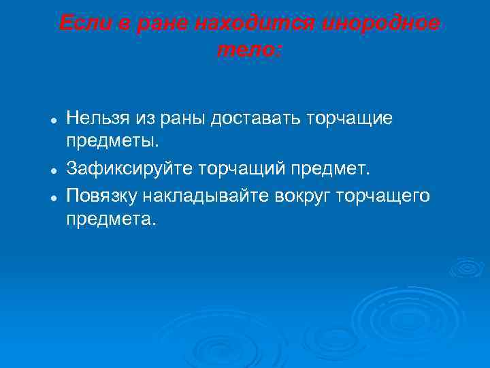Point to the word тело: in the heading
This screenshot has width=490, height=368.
tap(249, 49)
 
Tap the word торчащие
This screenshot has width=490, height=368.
tap(350, 119)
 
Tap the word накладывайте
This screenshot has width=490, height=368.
tap(206, 196)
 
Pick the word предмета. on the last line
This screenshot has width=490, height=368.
tap(111, 219)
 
